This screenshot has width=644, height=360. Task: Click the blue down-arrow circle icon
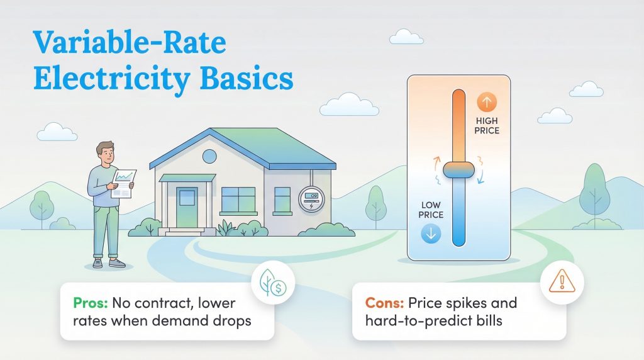coord(431,233)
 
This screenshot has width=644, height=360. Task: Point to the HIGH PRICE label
coord(488,126)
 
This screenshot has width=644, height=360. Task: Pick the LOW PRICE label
coord(431,210)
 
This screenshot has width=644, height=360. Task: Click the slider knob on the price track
coord(458,169)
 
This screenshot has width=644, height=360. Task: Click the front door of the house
coord(187,207)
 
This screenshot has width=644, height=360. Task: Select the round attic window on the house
coord(209,156)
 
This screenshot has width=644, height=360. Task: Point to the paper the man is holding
coord(125,183)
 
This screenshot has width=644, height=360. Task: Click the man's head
coord(104,153)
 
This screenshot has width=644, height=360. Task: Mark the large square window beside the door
coord(238,200)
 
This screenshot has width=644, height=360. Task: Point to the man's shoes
coord(108,264)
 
